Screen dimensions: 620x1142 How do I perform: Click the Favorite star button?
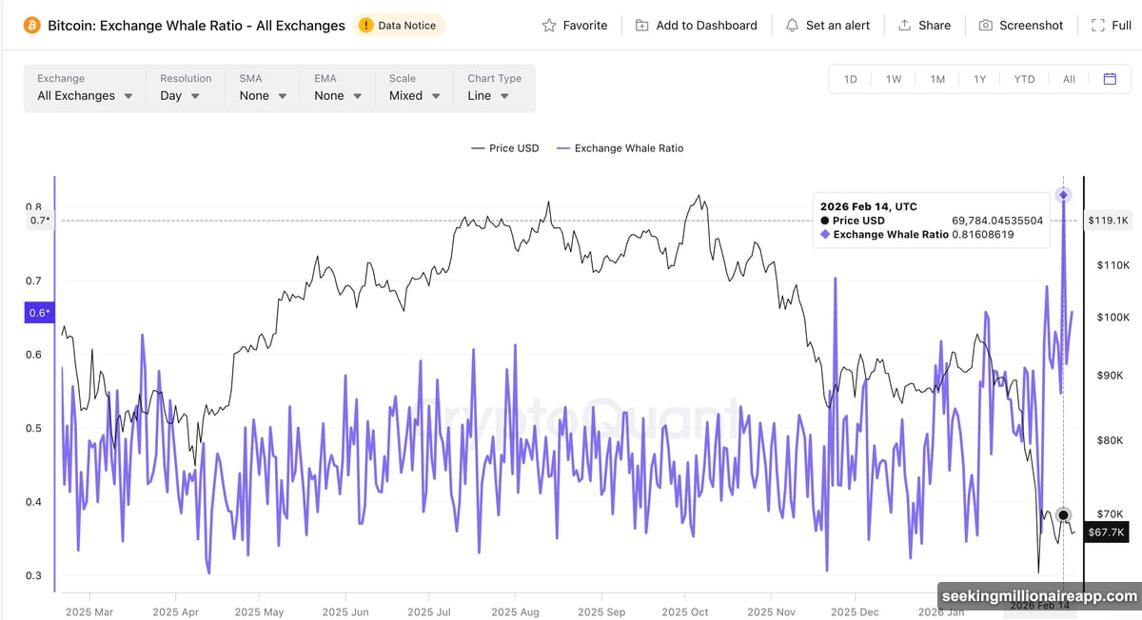(x=574, y=26)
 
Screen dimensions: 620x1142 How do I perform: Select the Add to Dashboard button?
(x=696, y=26)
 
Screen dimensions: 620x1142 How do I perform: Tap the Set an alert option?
(x=827, y=26)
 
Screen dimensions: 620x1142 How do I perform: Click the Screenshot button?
(x=1020, y=26)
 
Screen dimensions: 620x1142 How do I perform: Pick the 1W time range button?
(x=894, y=79)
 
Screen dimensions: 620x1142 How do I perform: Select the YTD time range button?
(x=1024, y=79)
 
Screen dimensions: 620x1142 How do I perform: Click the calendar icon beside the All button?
(x=1110, y=79)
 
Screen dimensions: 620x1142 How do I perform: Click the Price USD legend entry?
(x=504, y=148)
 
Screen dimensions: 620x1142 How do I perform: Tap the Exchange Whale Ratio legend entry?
(x=620, y=148)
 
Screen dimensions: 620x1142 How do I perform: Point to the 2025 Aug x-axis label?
(x=517, y=612)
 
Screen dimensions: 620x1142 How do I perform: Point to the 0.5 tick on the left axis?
(x=33, y=429)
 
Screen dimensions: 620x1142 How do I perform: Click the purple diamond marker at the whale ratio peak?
(x=1064, y=195)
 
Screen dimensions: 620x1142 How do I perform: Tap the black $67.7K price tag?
(x=1108, y=533)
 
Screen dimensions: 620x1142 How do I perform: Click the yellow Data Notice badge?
(x=401, y=26)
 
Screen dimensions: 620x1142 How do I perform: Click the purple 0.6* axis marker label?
(x=39, y=313)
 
